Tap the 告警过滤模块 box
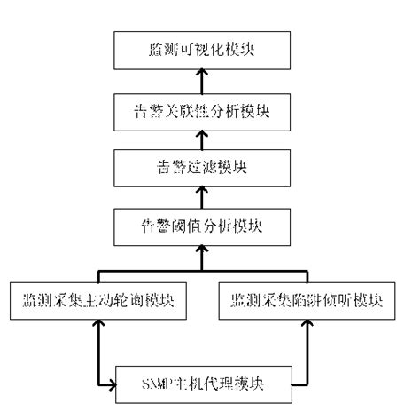(x=202, y=166)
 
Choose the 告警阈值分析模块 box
(x=202, y=223)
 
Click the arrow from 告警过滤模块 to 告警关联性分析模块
(x=202, y=138)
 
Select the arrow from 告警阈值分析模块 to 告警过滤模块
(x=202, y=194)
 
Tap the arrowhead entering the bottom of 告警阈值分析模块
(x=202, y=249)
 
